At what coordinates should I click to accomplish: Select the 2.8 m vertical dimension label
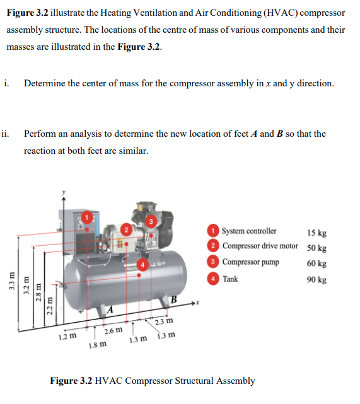click(x=38, y=292)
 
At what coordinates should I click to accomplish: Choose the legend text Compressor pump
click(x=250, y=262)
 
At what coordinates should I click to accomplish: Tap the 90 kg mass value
click(x=316, y=280)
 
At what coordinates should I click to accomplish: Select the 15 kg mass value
click(x=316, y=233)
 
